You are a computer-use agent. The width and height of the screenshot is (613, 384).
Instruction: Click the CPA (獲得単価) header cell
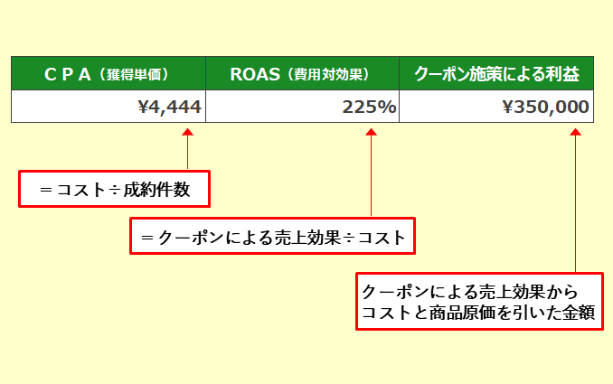click(x=108, y=75)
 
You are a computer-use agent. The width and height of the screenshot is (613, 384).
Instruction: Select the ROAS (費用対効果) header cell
click(x=302, y=75)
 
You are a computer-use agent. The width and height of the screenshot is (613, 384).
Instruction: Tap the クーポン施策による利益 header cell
click(x=495, y=75)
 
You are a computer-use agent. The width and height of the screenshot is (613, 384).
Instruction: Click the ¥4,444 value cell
click(x=108, y=108)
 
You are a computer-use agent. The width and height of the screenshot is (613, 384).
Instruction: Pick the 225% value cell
click(x=302, y=108)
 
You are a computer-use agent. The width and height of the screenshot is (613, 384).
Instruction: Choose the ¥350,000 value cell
click(x=495, y=108)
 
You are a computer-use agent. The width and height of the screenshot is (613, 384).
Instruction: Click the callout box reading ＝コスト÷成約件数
click(x=114, y=189)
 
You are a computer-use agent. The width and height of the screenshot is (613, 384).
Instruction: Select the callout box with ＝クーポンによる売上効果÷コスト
click(x=272, y=237)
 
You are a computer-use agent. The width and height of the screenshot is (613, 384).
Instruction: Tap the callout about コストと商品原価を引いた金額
click(x=477, y=302)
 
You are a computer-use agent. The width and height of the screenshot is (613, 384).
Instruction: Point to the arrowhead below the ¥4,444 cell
click(x=187, y=134)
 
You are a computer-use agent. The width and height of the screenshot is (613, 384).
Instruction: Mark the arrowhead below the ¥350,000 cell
click(x=575, y=134)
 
